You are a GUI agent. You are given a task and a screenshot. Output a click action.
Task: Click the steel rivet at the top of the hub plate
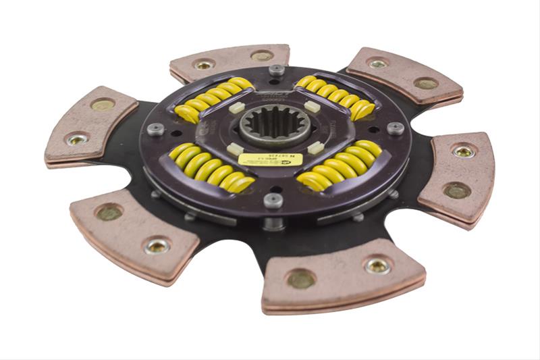click(x=275, y=70)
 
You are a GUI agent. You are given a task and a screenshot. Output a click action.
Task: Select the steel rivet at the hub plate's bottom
click(x=273, y=199)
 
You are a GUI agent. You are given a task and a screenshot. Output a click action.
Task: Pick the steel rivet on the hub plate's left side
click(x=156, y=129)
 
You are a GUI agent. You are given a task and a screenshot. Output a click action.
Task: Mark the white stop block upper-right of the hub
click(x=313, y=106)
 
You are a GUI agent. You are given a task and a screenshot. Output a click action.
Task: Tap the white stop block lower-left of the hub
click(x=234, y=148)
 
